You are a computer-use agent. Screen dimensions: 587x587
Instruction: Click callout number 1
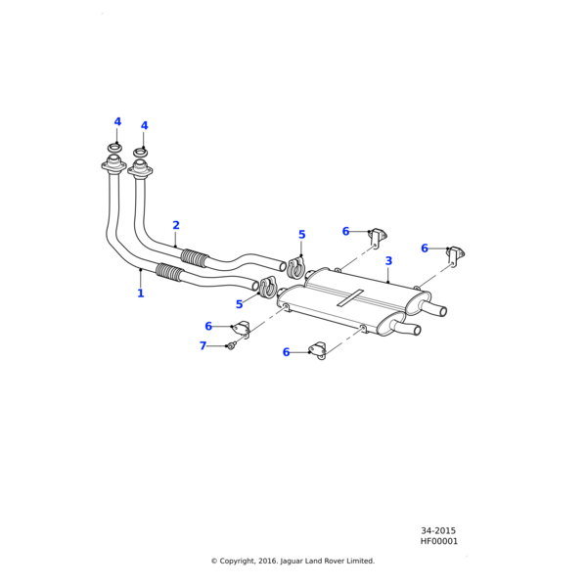pyautogui.click(x=140, y=293)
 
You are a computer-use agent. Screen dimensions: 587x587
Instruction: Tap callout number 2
pyautogui.click(x=176, y=226)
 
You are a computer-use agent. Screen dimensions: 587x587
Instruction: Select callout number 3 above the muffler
pyautogui.click(x=388, y=261)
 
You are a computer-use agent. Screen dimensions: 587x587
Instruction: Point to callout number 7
pyautogui.click(x=203, y=346)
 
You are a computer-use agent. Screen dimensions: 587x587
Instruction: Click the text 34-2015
pyautogui.click(x=438, y=531)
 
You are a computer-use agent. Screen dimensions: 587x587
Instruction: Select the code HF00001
pyautogui.click(x=439, y=541)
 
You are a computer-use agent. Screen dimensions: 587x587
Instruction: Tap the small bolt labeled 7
pyautogui.click(x=230, y=345)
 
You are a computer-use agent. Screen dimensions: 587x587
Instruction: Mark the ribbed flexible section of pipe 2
pyautogui.click(x=196, y=258)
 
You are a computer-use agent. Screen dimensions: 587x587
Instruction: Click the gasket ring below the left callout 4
pyautogui.click(x=114, y=148)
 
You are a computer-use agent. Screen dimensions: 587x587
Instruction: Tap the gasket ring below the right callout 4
pyautogui.click(x=141, y=153)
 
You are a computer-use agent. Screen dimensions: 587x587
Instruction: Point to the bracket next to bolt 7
pyautogui.click(x=241, y=330)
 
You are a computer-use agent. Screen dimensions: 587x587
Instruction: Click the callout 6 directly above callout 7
pyautogui.click(x=208, y=327)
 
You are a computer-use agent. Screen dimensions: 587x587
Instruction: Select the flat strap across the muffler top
pyautogui.click(x=350, y=299)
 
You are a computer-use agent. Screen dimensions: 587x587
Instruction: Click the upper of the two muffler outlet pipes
pyautogui.click(x=435, y=309)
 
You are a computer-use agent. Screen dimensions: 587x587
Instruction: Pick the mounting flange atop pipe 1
pyautogui.click(x=113, y=168)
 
